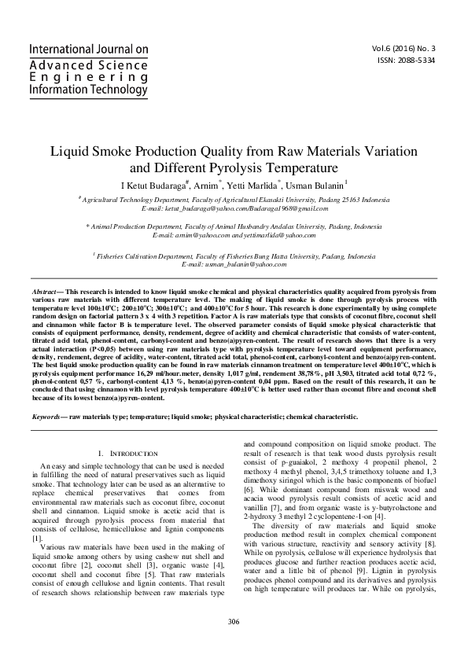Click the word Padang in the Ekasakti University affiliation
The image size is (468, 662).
326,202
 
